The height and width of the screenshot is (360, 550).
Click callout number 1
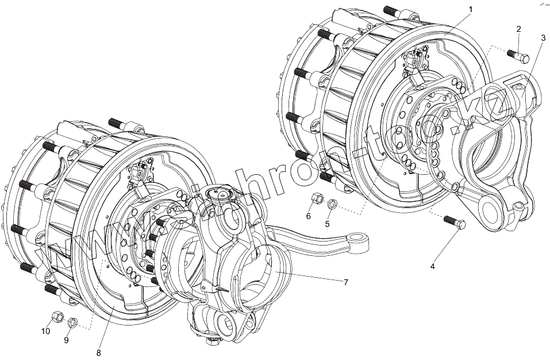470,9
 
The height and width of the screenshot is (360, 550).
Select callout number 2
518,29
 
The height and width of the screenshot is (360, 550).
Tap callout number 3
543,38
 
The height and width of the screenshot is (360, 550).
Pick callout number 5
328,224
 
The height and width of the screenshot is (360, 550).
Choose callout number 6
308,216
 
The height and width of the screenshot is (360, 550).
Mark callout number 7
346,282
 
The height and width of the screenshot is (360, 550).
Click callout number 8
98,352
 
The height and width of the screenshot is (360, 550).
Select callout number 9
66,340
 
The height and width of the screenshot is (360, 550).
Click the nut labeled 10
57,316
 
